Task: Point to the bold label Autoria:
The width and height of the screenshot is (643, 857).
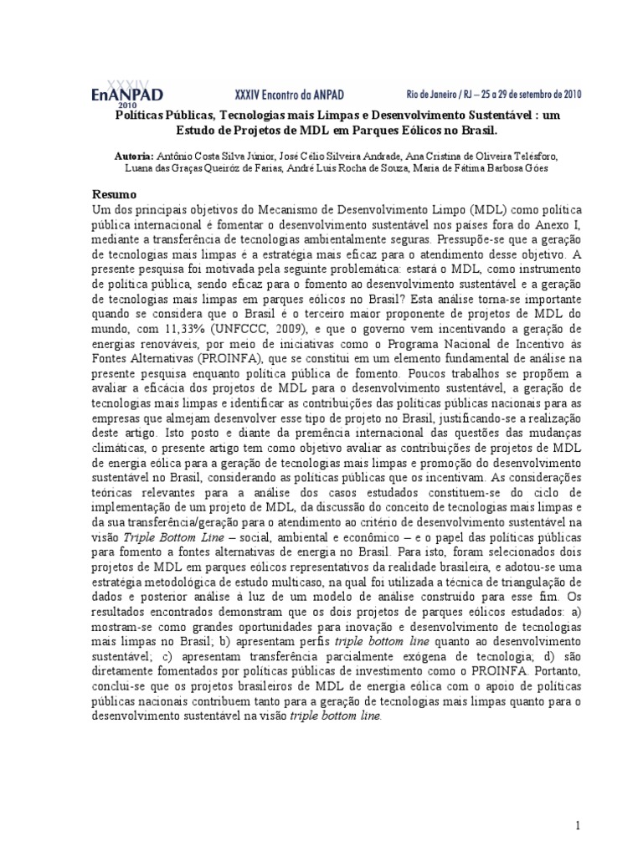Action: (x=134, y=157)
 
